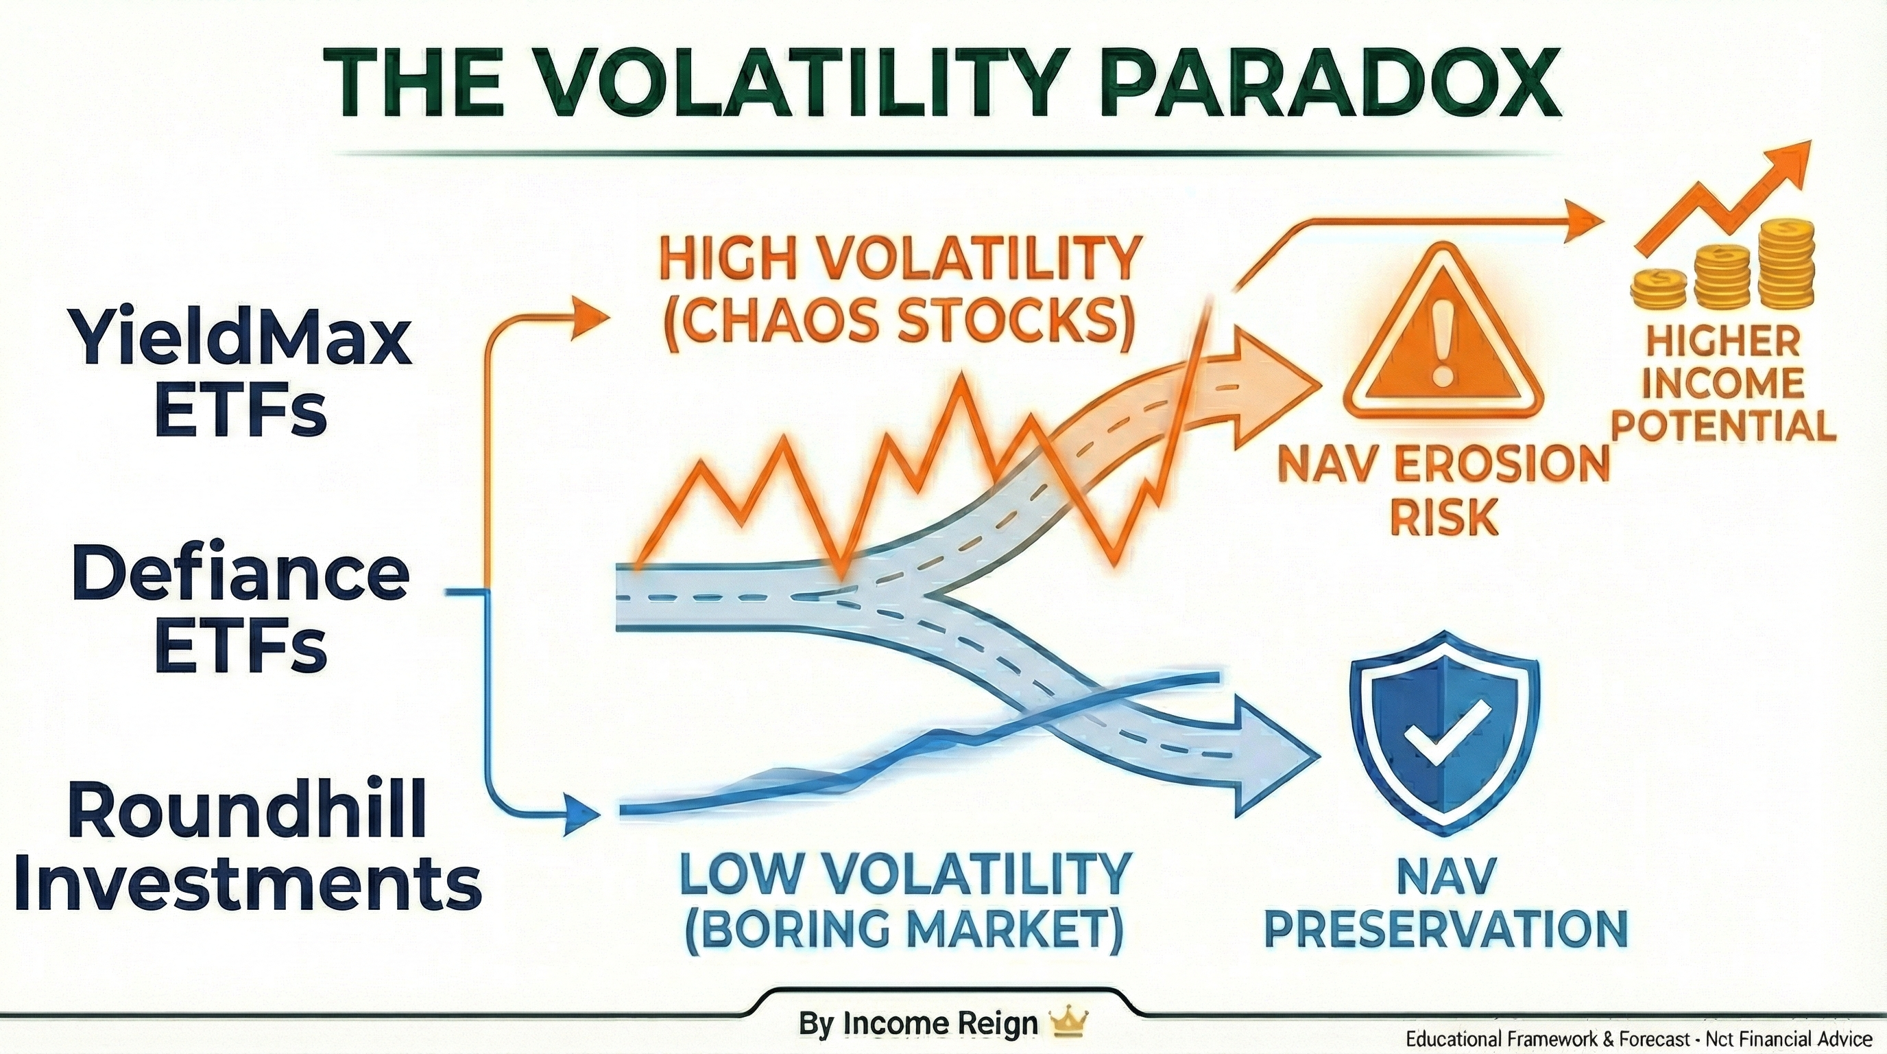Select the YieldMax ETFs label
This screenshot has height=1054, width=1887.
243,374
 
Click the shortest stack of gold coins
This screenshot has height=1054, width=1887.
1659,290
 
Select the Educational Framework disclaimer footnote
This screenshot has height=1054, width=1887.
1638,1039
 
